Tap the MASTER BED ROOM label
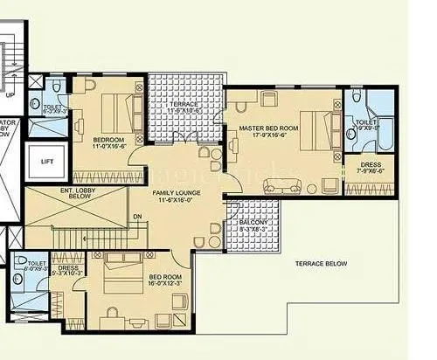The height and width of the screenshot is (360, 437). click(268, 128)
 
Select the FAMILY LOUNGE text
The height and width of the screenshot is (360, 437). click(173, 192)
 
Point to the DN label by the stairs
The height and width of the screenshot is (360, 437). click(136, 217)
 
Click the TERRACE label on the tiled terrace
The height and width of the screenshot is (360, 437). click(184, 104)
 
